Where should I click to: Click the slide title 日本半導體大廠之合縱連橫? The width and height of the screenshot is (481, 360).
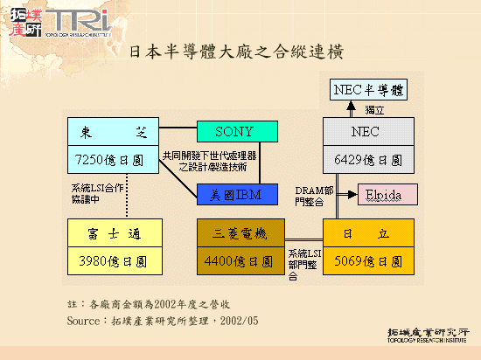tap(235, 50)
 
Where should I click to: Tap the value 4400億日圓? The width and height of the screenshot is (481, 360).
tap(241, 260)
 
